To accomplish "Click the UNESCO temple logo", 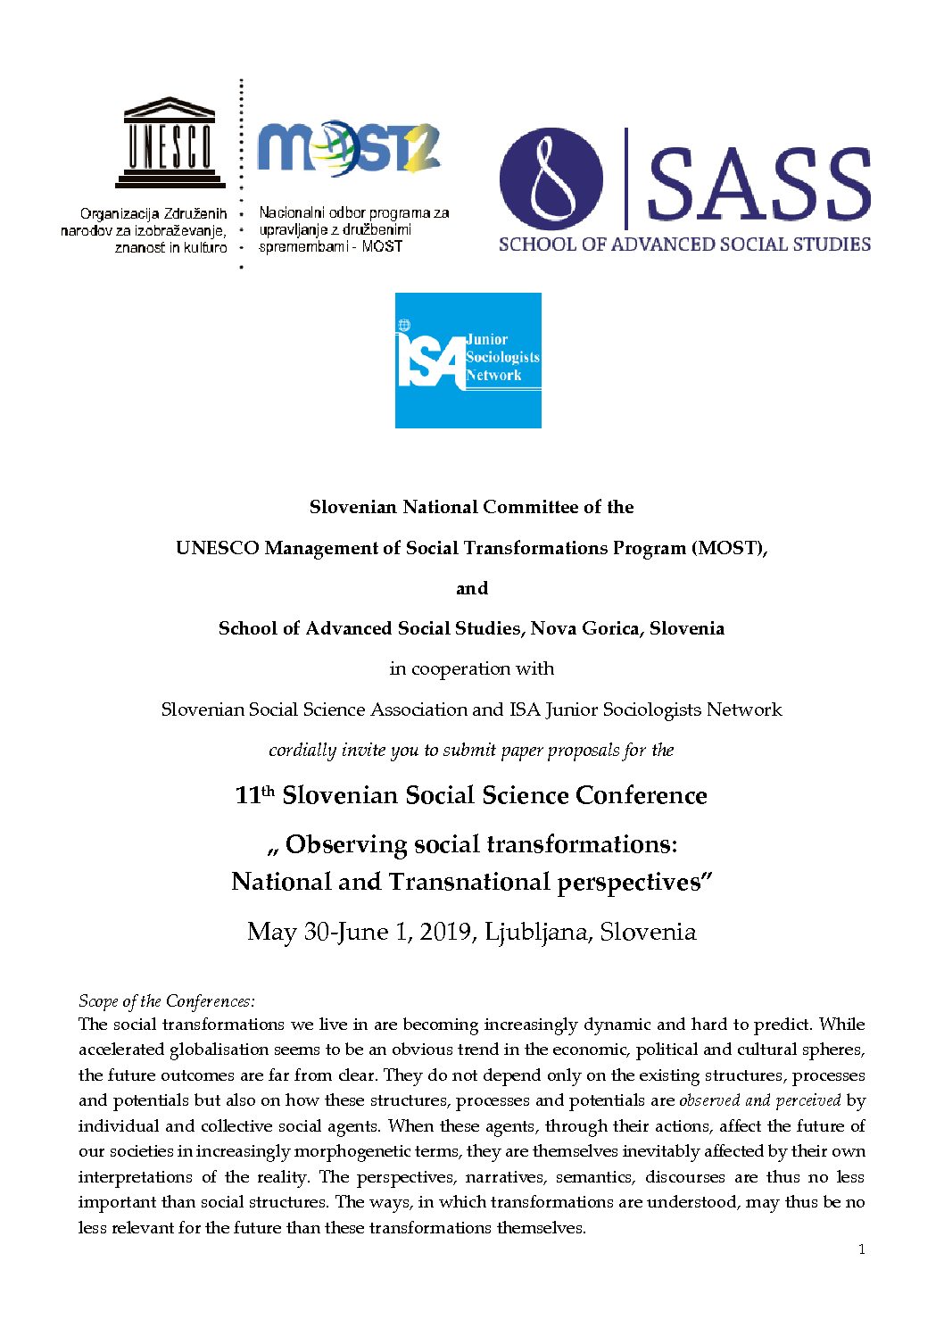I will tap(169, 142).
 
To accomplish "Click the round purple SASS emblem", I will tap(551, 178).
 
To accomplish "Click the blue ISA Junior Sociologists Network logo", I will tap(468, 361).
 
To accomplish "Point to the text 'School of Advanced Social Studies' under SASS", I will tap(684, 244).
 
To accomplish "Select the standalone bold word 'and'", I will tap(472, 588).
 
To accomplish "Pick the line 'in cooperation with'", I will tap(472, 668).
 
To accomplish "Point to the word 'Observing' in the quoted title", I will tap(346, 844).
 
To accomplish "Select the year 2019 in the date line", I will tap(446, 932).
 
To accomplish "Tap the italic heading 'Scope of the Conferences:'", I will tap(167, 1000).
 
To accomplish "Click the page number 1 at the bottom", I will tap(861, 1249).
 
